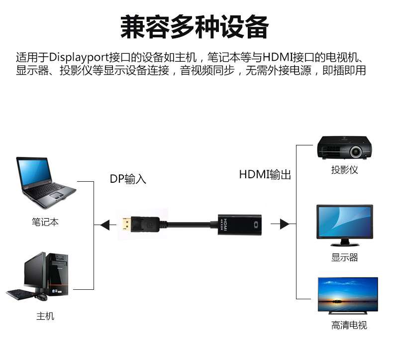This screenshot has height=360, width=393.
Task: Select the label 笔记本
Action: [45, 222]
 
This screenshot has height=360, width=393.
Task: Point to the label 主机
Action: [45, 316]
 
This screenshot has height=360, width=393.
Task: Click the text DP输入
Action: [128, 179]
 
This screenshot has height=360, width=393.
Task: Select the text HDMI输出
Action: [265, 174]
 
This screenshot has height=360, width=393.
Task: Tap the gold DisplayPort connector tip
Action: [123, 225]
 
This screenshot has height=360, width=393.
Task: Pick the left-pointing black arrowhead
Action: [104, 225]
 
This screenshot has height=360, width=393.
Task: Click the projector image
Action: [345, 148]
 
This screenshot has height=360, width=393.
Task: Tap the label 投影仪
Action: [345, 170]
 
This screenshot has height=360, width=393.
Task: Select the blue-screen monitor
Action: [344, 224]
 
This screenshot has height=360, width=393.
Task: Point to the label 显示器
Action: [345, 257]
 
